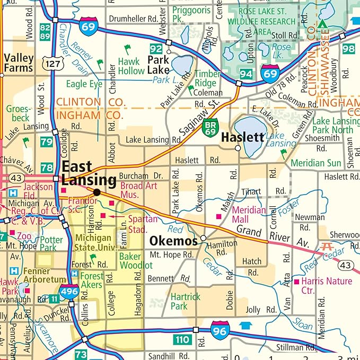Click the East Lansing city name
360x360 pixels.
[89, 173]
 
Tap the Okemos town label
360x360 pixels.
[173, 241]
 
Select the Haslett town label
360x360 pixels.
[242, 137]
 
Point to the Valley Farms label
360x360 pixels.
[18, 63]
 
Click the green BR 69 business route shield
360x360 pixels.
[210, 127]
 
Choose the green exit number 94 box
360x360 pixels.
[245, 73]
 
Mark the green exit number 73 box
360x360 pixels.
[81, 354]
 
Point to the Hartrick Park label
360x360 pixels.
[186, 302]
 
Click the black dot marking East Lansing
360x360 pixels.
[96, 192]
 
